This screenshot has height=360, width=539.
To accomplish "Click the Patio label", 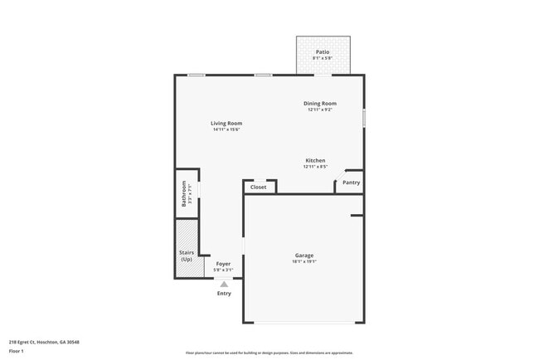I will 322,51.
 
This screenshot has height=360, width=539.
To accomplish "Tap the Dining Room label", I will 319,104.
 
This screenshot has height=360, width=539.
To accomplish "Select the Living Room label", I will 226,124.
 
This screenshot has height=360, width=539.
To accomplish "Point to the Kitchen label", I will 315,160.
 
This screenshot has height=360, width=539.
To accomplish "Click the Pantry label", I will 352,182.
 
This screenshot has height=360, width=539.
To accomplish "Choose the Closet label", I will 259,187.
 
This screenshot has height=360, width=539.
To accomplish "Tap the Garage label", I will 303,255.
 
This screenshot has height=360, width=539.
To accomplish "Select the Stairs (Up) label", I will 187,255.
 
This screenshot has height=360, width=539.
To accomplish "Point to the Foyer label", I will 223,264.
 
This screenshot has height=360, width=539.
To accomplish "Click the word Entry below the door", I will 224,294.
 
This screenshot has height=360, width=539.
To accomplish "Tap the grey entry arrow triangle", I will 224,284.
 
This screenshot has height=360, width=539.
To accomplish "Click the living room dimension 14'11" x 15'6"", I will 226,129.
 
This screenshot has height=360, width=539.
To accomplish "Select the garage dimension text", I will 303,261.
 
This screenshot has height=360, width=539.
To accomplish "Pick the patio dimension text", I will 322,58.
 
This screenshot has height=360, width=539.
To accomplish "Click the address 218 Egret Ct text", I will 44,342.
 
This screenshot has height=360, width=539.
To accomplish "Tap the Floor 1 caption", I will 16,351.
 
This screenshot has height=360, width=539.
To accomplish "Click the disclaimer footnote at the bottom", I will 269,353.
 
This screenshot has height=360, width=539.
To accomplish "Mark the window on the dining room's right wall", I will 363,119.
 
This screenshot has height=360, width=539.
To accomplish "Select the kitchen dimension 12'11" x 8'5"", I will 315,167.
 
